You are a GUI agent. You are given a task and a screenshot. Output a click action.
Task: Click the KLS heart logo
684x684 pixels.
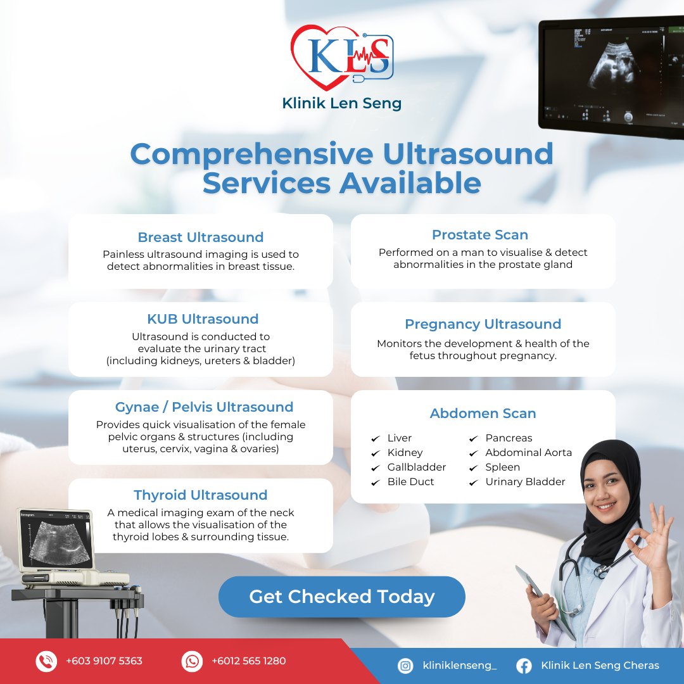tap(342, 57)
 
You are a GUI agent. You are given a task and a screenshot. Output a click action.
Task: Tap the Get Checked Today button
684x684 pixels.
tap(341, 597)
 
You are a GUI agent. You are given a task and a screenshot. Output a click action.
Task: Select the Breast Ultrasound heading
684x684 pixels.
tap(201, 237)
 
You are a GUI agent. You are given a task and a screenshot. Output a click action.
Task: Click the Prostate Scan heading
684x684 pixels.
tap(480, 235)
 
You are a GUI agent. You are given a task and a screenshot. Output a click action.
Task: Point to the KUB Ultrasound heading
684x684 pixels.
tap(203, 319)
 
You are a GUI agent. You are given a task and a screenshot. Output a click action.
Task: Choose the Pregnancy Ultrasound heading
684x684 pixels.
tap(483, 324)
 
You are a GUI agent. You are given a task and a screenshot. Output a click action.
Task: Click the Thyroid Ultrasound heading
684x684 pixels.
tap(201, 495)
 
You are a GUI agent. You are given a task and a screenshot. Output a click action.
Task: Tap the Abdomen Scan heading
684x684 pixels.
tap(483, 413)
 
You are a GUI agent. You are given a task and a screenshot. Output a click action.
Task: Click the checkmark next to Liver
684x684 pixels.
tap(375, 438)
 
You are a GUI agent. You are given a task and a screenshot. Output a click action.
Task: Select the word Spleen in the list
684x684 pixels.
tap(502, 467)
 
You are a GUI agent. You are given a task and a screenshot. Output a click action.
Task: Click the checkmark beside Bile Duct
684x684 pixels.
tap(375, 483)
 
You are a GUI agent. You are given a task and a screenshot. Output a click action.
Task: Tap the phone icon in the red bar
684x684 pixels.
tap(46, 661)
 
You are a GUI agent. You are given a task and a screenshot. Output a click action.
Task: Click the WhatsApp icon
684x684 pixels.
tap(192, 661)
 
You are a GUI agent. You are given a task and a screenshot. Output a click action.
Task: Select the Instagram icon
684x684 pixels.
tap(405, 666)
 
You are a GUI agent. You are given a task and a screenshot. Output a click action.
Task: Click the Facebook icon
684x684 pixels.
tap(524, 666)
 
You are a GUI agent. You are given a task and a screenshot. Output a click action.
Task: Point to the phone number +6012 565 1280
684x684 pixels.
tap(249, 661)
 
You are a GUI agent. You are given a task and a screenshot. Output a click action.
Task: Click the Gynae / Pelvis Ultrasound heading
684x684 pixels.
tap(204, 407)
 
